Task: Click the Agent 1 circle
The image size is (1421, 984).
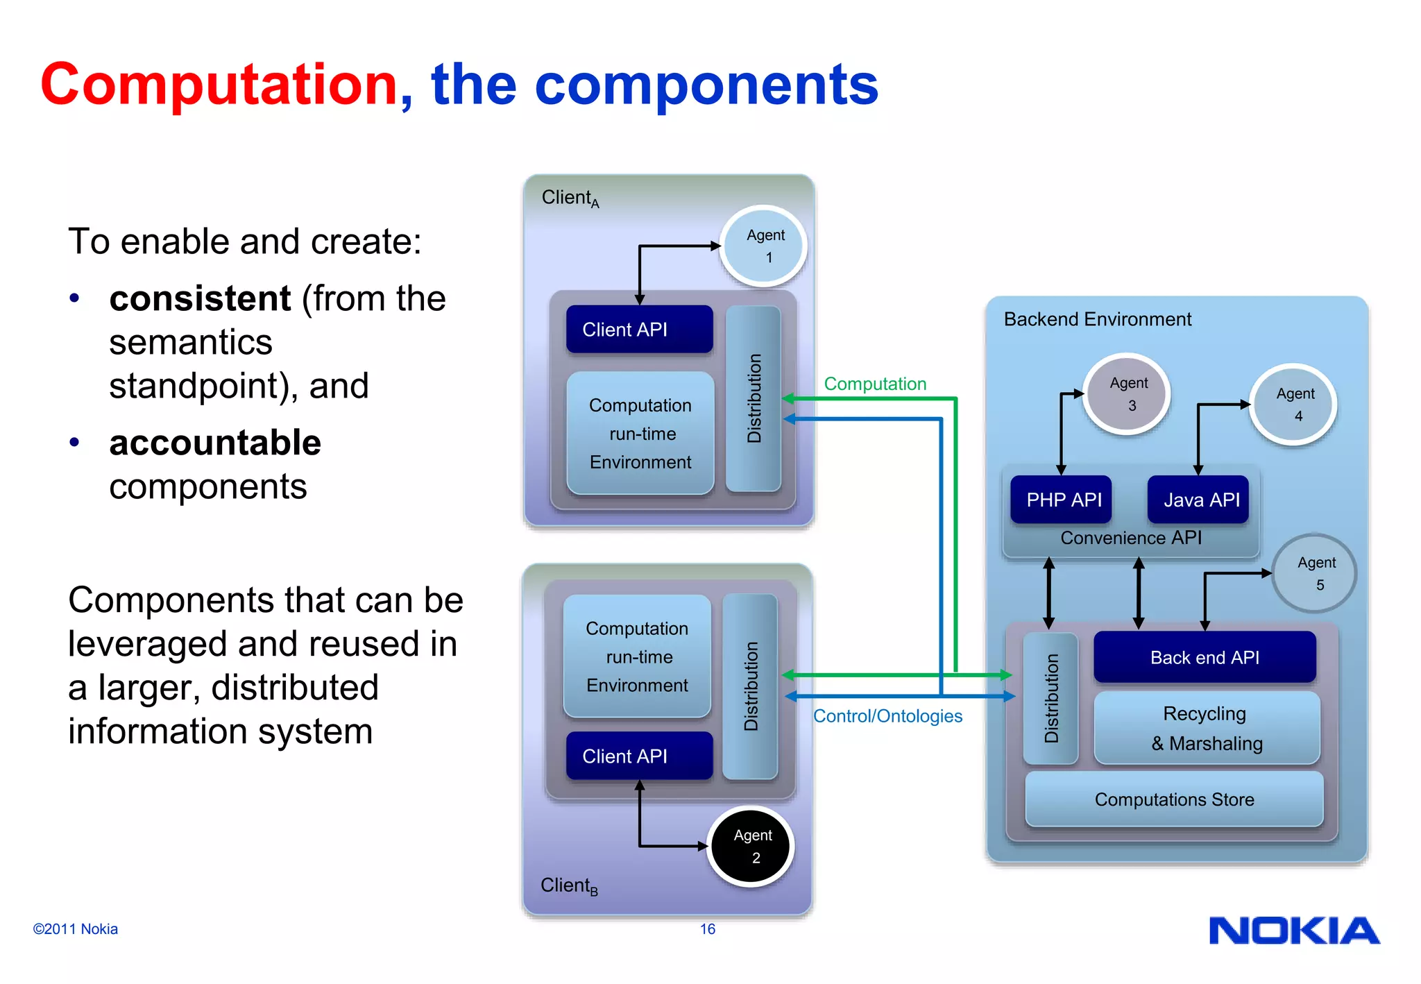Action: coord(764,246)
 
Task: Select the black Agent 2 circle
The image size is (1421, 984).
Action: coord(751,846)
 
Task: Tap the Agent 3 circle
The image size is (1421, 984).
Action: coord(1128,394)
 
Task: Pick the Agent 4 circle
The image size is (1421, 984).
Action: coord(1295,405)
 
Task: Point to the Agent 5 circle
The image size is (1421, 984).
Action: coord(1315,573)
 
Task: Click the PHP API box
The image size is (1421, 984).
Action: coord(1062,500)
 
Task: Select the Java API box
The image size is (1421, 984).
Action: coord(1200,500)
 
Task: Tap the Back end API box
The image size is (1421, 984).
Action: coord(1205,657)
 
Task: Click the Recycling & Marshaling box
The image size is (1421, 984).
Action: coord(1207,728)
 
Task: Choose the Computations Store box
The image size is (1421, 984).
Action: coord(1174,799)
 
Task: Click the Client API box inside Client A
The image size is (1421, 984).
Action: coord(639,330)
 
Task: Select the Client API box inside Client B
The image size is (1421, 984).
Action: coord(639,756)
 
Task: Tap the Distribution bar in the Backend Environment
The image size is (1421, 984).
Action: coord(1051,698)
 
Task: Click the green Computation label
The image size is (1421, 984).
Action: coord(875,384)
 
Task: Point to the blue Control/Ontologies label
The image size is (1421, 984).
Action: coord(887,716)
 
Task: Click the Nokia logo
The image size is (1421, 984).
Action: coord(1294,931)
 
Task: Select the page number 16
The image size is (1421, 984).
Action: coord(707,929)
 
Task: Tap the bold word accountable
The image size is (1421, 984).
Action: coord(215,443)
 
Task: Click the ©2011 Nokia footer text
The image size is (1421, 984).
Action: coord(76,929)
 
